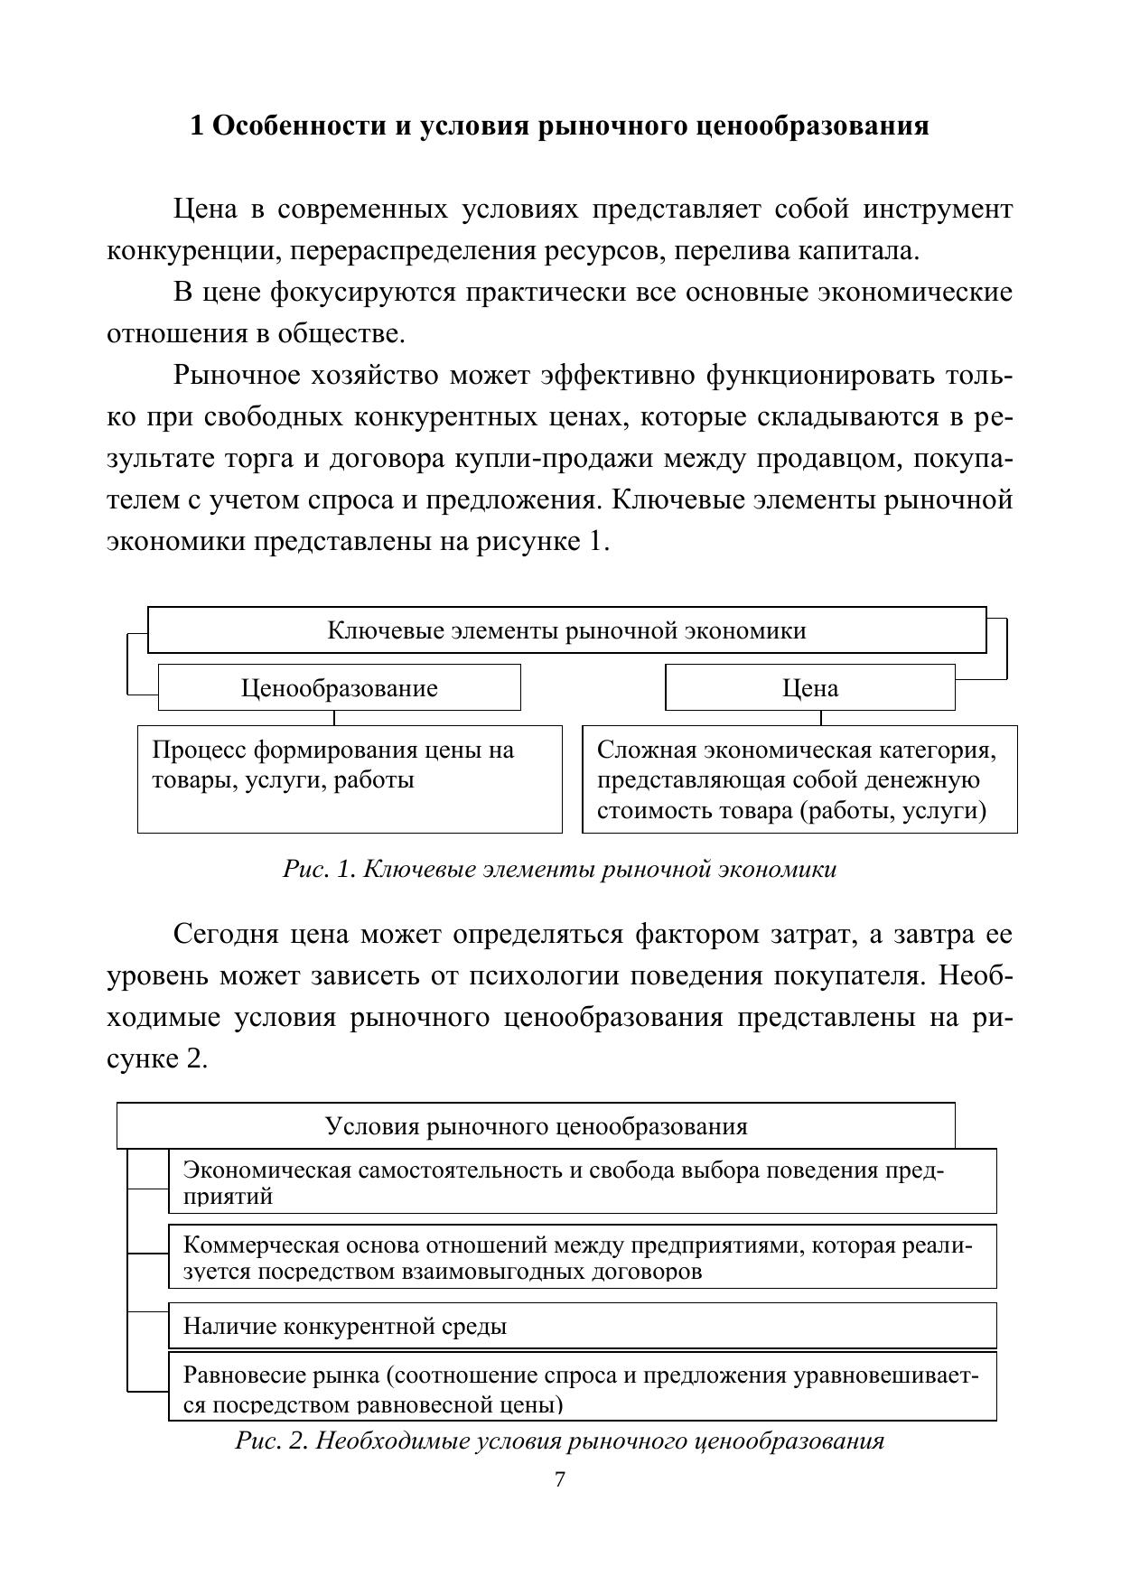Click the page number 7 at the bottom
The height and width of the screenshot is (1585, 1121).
point(559,1479)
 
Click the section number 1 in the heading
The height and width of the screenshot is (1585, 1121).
point(197,126)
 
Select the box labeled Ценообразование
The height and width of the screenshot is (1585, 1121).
point(339,688)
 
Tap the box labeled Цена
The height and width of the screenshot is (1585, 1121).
point(809,688)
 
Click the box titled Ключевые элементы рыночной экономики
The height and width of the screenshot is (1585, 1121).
point(566,630)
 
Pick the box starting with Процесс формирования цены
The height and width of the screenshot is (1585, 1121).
point(350,779)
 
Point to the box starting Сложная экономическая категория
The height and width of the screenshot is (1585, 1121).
point(799,779)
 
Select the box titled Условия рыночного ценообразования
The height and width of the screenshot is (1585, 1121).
point(536,1126)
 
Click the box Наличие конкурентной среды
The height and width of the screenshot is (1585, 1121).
point(583,1326)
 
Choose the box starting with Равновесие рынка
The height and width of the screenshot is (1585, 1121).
point(583,1386)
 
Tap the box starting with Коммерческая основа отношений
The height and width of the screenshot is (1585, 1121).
point(583,1256)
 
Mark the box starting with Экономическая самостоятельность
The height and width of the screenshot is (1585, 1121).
point(583,1181)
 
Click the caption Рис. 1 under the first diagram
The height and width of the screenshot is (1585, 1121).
point(559,869)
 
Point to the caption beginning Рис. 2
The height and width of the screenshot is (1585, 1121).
point(559,1440)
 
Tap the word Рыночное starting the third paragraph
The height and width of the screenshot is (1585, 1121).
point(237,376)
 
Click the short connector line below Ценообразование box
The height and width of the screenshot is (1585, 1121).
point(334,718)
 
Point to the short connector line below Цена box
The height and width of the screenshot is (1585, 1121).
point(820,718)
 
